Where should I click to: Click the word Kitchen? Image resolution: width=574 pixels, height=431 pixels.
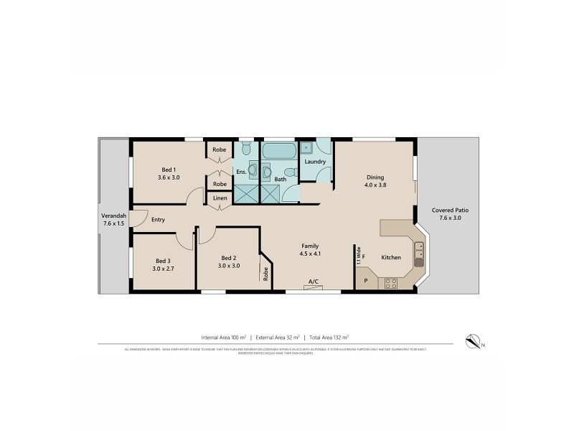tap(391, 256)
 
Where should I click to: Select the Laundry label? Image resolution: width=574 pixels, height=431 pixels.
tap(315, 162)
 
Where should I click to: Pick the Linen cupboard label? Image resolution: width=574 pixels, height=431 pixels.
tap(220, 198)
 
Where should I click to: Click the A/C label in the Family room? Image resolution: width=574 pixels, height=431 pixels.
tap(313, 281)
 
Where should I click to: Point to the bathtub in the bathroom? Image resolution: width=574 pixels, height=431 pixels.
tap(278, 153)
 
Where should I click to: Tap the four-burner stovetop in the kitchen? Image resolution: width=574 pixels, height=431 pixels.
tap(392, 282)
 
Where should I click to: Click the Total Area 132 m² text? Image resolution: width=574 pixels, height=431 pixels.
tap(326, 337)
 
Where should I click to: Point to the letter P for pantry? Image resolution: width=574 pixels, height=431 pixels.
tap(365, 281)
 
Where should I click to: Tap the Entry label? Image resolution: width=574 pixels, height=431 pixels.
tap(159, 220)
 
